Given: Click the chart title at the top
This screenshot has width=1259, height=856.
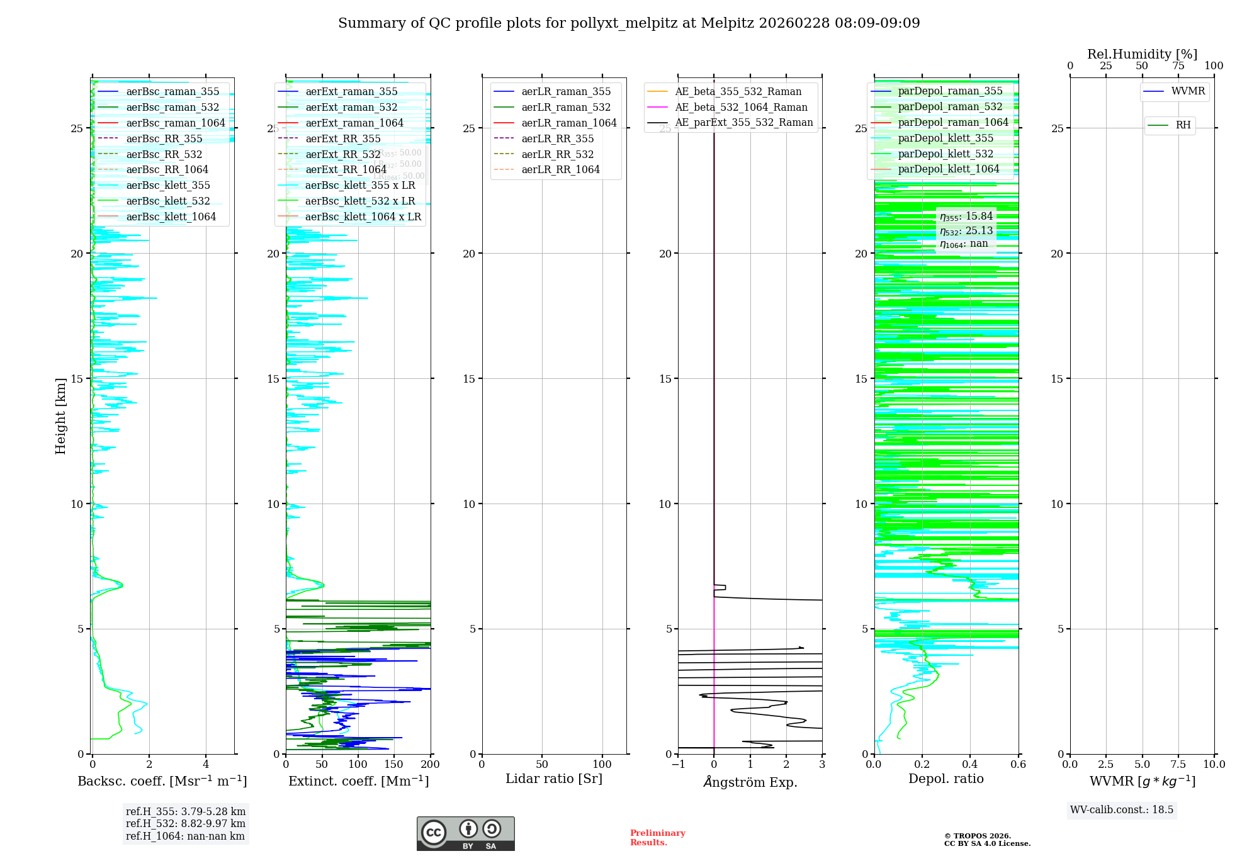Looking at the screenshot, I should click(x=629, y=23).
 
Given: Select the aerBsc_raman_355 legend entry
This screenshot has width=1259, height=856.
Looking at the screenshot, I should click(x=172, y=92).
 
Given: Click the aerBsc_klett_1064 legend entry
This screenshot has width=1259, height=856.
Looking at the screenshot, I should click(x=171, y=217).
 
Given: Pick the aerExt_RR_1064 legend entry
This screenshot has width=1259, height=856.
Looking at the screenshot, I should click(x=346, y=170).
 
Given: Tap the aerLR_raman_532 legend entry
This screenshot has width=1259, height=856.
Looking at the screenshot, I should click(x=566, y=108).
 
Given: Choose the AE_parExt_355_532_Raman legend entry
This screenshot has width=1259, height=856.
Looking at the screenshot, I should click(x=743, y=123).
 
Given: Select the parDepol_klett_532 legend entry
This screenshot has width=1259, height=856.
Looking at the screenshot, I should click(x=945, y=154).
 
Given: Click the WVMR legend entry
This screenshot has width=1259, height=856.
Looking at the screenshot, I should click(x=1188, y=91).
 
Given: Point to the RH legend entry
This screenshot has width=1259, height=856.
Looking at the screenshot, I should click(x=1183, y=125).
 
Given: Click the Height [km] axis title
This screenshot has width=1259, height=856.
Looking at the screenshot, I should click(x=60, y=416).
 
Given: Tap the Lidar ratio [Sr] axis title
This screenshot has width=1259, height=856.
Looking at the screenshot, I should click(x=554, y=779).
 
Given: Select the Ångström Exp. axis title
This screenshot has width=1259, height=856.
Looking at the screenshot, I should click(x=750, y=782).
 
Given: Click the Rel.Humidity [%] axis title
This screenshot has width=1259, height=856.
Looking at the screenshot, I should click(x=1142, y=54).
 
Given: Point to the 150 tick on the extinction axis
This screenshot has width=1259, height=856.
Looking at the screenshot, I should click(x=394, y=765).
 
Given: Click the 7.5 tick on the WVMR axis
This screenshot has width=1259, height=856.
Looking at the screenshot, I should click(x=1178, y=765).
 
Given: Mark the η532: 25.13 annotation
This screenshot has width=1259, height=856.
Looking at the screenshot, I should click(x=966, y=231).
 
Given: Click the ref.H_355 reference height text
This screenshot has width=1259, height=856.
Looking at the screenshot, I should click(x=185, y=812).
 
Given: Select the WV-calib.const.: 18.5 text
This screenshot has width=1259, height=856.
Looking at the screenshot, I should click(x=1122, y=810).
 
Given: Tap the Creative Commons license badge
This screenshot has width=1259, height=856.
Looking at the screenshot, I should click(x=465, y=834).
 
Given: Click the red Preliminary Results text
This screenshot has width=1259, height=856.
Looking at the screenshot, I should click(x=657, y=838).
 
